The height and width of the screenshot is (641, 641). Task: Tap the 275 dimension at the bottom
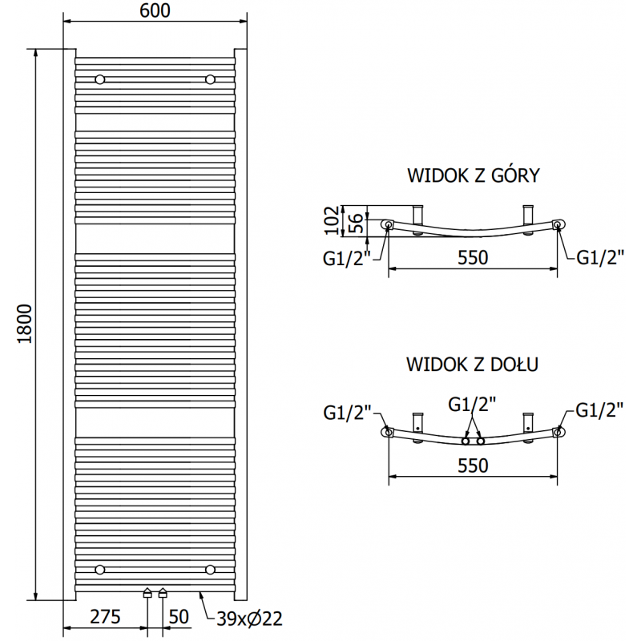click(105, 616)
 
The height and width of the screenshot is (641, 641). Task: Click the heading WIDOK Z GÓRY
click(473, 175)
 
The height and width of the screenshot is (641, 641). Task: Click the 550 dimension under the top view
click(473, 257)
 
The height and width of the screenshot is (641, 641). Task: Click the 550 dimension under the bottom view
click(473, 466)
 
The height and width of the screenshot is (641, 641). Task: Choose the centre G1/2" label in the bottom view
click(473, 405)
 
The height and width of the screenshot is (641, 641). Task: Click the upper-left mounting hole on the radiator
click(100, 79)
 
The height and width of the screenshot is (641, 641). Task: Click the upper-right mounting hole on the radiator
click(210, 79)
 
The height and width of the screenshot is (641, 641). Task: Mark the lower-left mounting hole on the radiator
click(100, 569)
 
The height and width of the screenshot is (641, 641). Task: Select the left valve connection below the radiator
click(147, 593)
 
